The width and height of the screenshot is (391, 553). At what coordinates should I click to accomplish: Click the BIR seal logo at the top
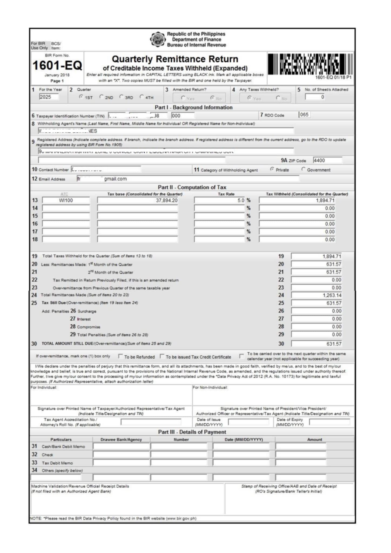point(157,39)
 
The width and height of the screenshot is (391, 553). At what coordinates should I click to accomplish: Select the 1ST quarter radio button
point(81,97)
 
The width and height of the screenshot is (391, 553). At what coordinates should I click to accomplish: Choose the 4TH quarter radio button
point(142,97)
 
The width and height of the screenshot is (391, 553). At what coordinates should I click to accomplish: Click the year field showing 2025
point(49,97)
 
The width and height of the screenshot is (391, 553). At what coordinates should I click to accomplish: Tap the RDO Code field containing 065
point(304,115)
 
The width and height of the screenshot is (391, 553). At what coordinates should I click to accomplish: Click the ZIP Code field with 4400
point(327,160)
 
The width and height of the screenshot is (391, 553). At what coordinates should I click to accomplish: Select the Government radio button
point(303,169)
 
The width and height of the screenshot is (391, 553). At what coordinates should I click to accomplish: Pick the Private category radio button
point(272,169)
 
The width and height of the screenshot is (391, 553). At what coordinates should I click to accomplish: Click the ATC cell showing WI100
point(66,200)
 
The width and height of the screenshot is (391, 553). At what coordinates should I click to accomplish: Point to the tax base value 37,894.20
point(138,200)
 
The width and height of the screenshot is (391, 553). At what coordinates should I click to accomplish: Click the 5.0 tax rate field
point(219,200)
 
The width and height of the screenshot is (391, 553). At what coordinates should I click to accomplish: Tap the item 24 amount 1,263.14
point(316,295)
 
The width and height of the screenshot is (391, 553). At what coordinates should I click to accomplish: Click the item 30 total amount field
point(316,344)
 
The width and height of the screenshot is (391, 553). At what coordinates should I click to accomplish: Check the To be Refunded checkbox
point(120,356)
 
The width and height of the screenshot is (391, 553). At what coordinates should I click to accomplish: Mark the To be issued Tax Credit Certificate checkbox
point(162,356)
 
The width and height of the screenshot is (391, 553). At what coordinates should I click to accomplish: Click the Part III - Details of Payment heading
point(192,432)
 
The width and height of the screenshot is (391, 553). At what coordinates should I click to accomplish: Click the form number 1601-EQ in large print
point(57,65)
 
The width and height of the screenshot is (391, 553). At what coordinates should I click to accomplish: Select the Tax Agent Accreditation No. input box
point(151,422)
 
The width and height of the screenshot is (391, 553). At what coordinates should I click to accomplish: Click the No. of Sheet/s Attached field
point(315,97)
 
